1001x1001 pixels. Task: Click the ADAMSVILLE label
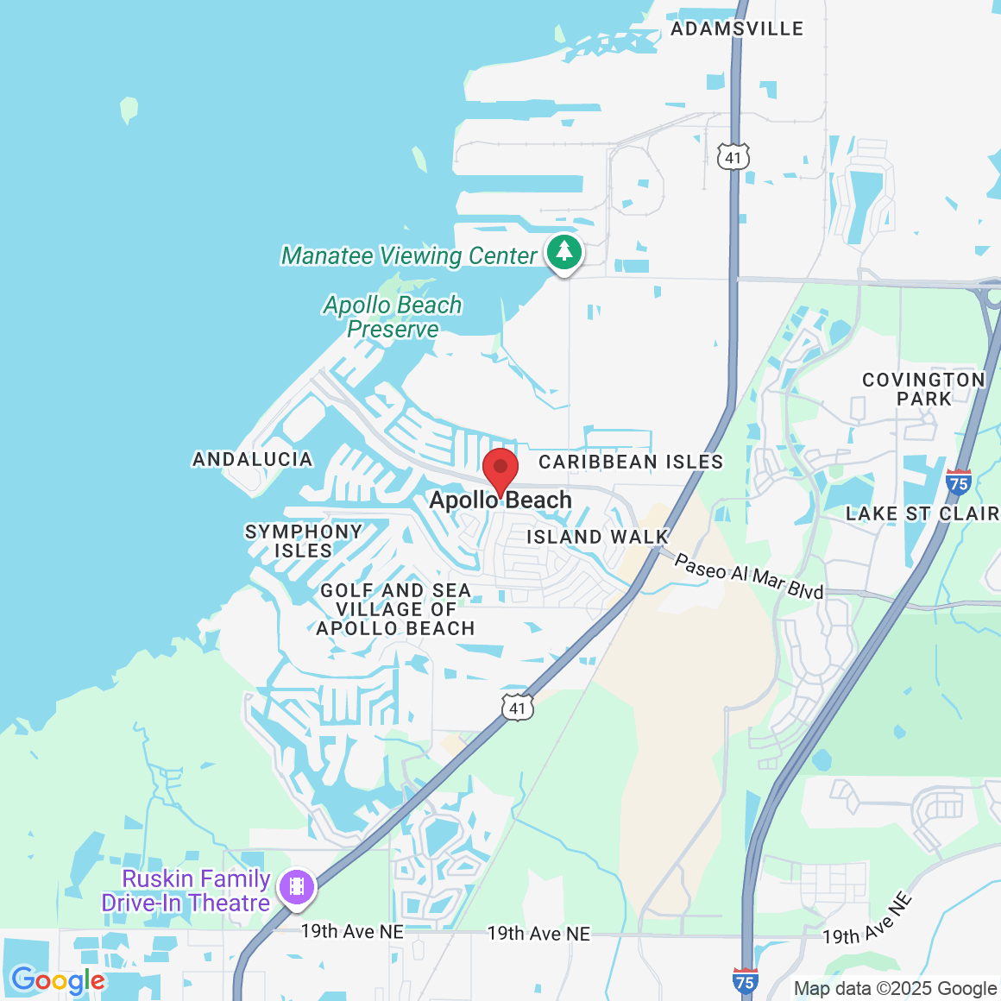coord(737,28)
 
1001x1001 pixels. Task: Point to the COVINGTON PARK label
coord(923,389)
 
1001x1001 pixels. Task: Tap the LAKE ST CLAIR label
coord(922,513)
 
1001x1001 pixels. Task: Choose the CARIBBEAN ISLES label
coord(631,462)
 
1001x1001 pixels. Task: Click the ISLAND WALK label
coord(597,537)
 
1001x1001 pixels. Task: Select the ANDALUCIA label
coord(253,459)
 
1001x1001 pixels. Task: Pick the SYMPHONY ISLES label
coord(303,541)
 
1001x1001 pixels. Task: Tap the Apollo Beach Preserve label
coord(393,317)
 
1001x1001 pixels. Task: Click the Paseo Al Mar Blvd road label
coord(748,576)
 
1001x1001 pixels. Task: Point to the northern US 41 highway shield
coord(733,156)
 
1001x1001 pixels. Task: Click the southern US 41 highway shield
coord(517,708)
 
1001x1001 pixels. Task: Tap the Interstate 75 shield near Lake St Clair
coord(958,482)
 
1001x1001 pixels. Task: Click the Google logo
coord(58,980)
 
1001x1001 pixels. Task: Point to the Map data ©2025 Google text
coord(895,989)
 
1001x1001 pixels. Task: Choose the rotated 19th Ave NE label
coord(867,920)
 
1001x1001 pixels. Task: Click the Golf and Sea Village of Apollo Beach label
coord(395,609)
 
